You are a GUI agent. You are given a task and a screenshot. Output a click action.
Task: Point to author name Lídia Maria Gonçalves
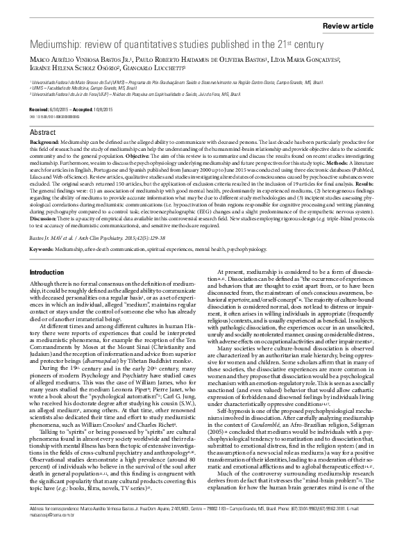(306, 58)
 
